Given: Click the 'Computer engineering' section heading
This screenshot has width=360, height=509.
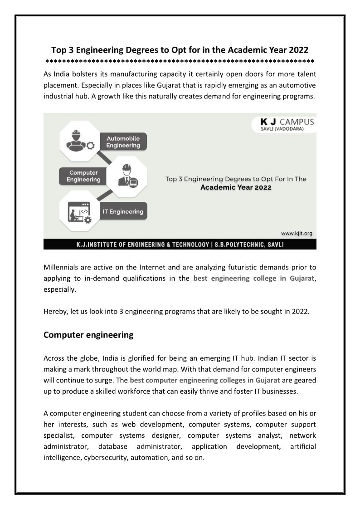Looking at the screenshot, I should coord(88,335).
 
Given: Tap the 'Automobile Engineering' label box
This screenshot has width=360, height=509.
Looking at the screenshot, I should coord(123,142).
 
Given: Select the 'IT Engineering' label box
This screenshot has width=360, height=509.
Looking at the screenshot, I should coord(123,211).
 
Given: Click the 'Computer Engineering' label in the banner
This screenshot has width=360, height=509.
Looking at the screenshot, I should coord(83,176).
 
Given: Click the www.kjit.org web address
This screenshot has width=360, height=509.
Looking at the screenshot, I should coord(297,233).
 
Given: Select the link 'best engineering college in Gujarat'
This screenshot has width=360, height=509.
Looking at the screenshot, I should coord(253,279).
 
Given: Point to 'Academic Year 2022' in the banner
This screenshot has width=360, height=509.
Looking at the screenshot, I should coord(236,187).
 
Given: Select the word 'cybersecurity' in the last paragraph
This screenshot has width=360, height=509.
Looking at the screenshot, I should coord(106,458).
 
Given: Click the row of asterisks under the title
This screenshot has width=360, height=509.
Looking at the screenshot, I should coord(180,61).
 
